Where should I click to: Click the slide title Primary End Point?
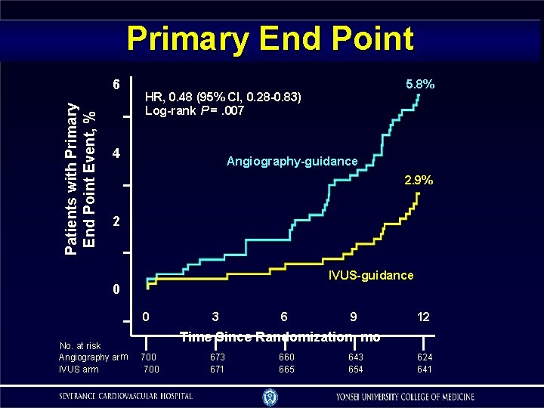point(270,39)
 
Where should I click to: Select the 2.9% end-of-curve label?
point(417,181)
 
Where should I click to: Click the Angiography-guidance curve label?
point(292,161)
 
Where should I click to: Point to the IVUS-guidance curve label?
point(371,275)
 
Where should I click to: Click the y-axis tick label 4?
point(116,154)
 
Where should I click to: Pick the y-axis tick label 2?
point(116,222)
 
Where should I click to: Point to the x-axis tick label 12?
point(423,317)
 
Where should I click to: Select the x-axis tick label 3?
point(216,317)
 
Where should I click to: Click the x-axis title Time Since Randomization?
point(280,337)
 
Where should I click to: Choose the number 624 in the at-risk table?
point(424,357)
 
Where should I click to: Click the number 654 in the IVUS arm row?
point(354,369)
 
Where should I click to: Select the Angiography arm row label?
point(93,357)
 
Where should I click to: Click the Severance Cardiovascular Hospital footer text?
point(127,396)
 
